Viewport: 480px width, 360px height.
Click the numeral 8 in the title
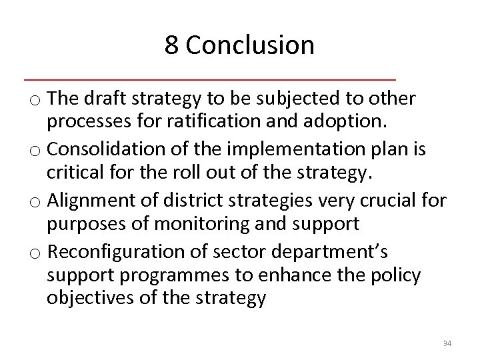click(172, 45)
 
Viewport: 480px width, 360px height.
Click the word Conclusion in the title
click(250, 45)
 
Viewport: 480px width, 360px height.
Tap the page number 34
click(447, 344)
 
